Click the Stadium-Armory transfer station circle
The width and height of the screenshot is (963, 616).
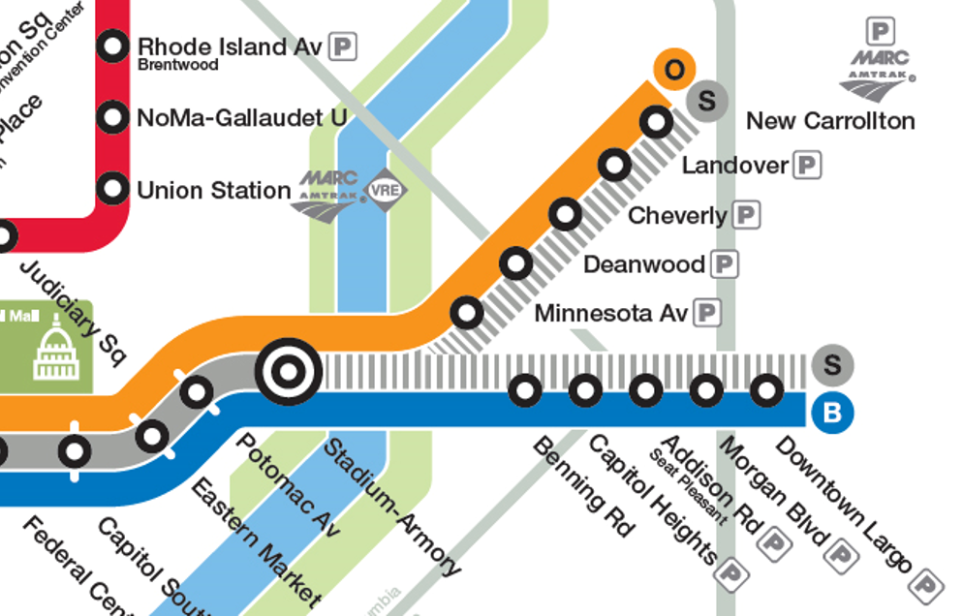pos(288,369)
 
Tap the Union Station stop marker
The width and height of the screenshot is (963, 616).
pos(113,188)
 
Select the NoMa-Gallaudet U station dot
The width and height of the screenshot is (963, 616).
pos(113,117)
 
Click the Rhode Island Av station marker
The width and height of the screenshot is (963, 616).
pos(113,46)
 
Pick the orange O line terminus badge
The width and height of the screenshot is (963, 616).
pos(673,69)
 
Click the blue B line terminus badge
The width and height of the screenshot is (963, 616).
pos(833,414)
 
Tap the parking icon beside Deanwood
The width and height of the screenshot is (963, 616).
pos(724,263)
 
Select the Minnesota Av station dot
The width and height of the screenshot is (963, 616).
pos(467,313)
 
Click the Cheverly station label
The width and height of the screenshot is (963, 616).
pos(677,215)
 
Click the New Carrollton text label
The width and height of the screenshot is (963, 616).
pos(830,121)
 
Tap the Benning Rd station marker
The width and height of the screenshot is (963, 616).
pos(525,390)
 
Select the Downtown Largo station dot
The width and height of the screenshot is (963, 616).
pos(766,390)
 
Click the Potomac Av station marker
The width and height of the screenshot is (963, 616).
pos(197,391)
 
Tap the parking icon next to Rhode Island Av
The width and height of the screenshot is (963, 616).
pos(342,45)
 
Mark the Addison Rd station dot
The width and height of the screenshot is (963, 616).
pos(646,390)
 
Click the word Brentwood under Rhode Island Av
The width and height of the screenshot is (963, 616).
pos(178,66)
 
